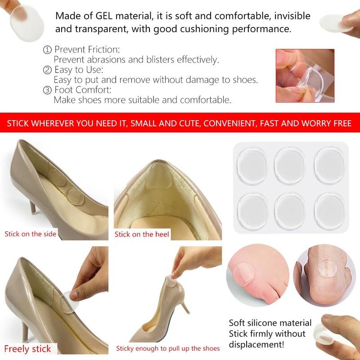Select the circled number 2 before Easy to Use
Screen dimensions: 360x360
47,70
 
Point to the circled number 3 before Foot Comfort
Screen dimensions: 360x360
47,90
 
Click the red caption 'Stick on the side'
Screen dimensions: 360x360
31,234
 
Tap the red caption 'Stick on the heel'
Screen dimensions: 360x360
142,234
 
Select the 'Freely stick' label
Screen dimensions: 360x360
28,348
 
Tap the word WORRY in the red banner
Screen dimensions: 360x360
317,123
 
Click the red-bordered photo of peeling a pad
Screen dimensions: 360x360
305,76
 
